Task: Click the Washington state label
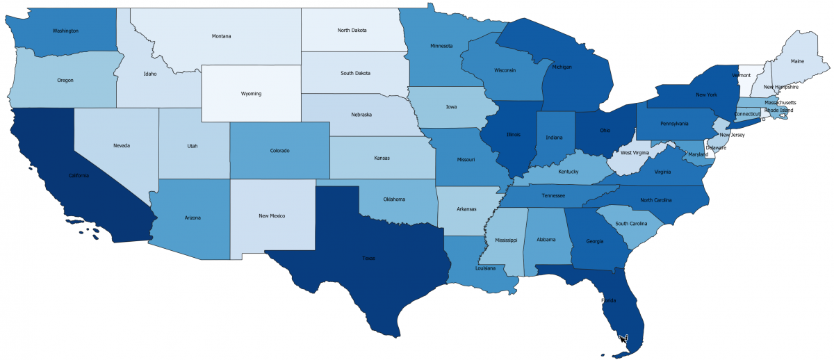coord(65,31)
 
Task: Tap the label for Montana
coord(221,36)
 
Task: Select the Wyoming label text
coord(251,93)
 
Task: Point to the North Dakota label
coord(352,31)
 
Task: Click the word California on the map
coord(78,175)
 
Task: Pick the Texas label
coord(368,258)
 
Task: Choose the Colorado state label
coord(279,150)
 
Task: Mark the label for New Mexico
coord(272,215)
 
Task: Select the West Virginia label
coord(636,152)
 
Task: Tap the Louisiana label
coord(485,268)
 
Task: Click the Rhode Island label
coord(778,110)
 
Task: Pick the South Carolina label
coord(631,224)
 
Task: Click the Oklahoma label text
coord(393,199)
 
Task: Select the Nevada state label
coord(122,145)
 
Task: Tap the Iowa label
coord(451,108)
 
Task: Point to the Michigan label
coord(562,67)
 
